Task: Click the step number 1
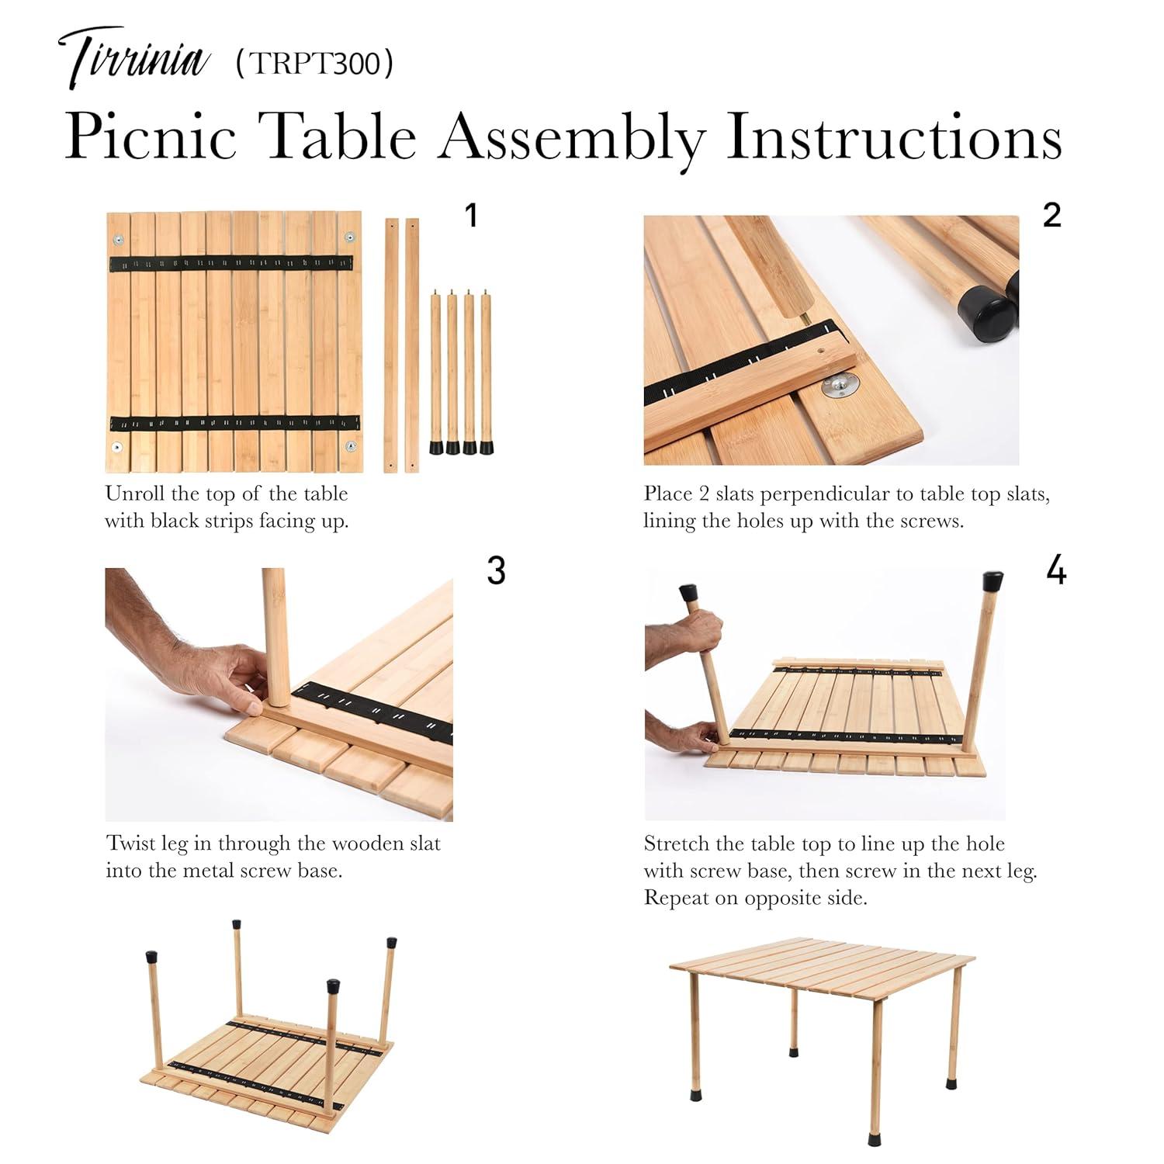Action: pos(470,216)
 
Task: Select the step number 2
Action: pos(1051,215)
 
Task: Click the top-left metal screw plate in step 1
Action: pos(119,238)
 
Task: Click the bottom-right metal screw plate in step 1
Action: pos(351,446)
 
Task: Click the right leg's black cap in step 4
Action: pos(993,580)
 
